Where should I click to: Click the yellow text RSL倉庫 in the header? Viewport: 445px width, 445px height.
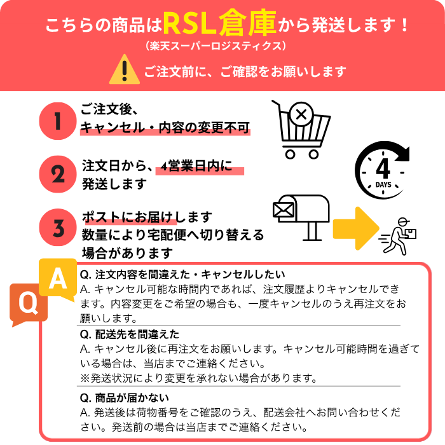click(x=219, y=24)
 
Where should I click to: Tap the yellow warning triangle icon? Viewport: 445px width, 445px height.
click(x=125, y=69)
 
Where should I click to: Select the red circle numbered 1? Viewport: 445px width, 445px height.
click(x=58, y=121)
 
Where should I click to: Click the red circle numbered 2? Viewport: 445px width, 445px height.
click(x=58, y=174)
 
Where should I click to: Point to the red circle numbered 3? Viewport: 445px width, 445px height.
click(x=58, y=228)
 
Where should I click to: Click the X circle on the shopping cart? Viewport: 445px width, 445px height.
click(x=301, y=114)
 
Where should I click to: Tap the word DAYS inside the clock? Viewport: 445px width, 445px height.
click(x=383, y=185)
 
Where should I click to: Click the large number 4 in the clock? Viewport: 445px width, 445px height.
click(x=383, y=168)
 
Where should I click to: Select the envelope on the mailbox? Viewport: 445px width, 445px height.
click(x=284, y=210)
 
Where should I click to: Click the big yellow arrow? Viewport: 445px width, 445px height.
click(x=356, y=228)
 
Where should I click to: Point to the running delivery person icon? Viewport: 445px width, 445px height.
click(x=398, y=236)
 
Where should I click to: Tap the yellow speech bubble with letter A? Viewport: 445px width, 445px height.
click(x=58, y=279)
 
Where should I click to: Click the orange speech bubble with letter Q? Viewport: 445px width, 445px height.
click(x=29, y=304)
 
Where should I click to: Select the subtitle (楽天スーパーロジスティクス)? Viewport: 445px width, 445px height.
click(x=216, y=46)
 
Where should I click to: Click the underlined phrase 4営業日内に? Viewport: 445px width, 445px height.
click(x=196, y=166)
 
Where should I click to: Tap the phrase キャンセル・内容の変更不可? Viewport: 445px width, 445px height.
click(x=165, y=128)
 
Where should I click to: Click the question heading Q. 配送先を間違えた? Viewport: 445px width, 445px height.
click(x=130, y=334)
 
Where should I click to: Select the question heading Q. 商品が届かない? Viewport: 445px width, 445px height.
click(x=125, y=398)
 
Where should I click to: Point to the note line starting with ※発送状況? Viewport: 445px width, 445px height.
click(x=198, y=378)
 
